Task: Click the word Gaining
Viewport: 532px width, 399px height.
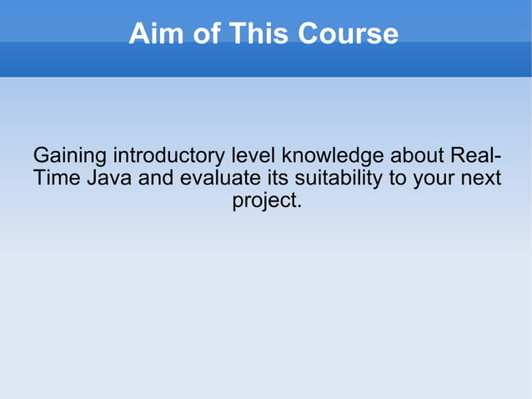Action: (69, 157)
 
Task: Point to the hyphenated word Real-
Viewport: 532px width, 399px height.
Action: (476, 156)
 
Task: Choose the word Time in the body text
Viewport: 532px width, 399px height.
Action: (57, 179)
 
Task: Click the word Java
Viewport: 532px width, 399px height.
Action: (109, 179)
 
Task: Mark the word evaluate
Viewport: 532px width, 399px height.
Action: (220, 179)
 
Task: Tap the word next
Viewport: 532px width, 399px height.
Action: (482, 179)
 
